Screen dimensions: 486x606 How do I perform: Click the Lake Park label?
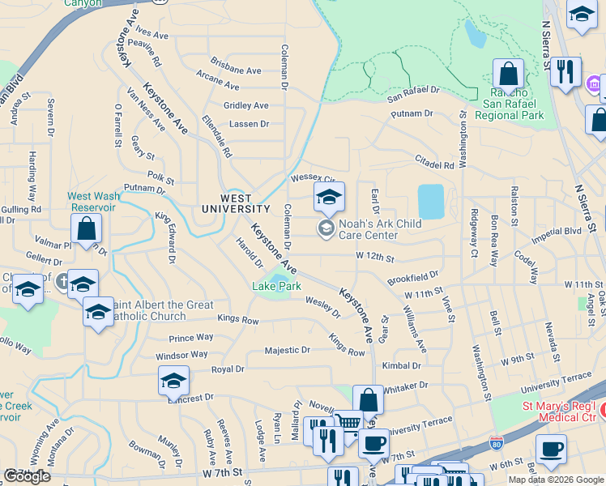[276, 287]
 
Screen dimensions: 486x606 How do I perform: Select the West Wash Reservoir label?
[93, 201]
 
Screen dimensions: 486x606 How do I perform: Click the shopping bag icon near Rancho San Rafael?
[508, 75]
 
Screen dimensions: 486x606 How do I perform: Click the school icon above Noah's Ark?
[329, 197]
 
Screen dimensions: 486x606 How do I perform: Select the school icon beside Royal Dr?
[173, 380]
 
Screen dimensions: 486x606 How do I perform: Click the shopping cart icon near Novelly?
[348, 423]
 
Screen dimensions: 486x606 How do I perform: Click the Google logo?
[27, 476]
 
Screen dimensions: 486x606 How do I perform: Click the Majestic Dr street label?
[288, 350]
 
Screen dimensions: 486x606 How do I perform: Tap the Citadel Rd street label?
[434, 164]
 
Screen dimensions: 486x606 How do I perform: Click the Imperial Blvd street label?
[557, 231]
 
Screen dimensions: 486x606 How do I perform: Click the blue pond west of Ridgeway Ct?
[431, 201]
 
